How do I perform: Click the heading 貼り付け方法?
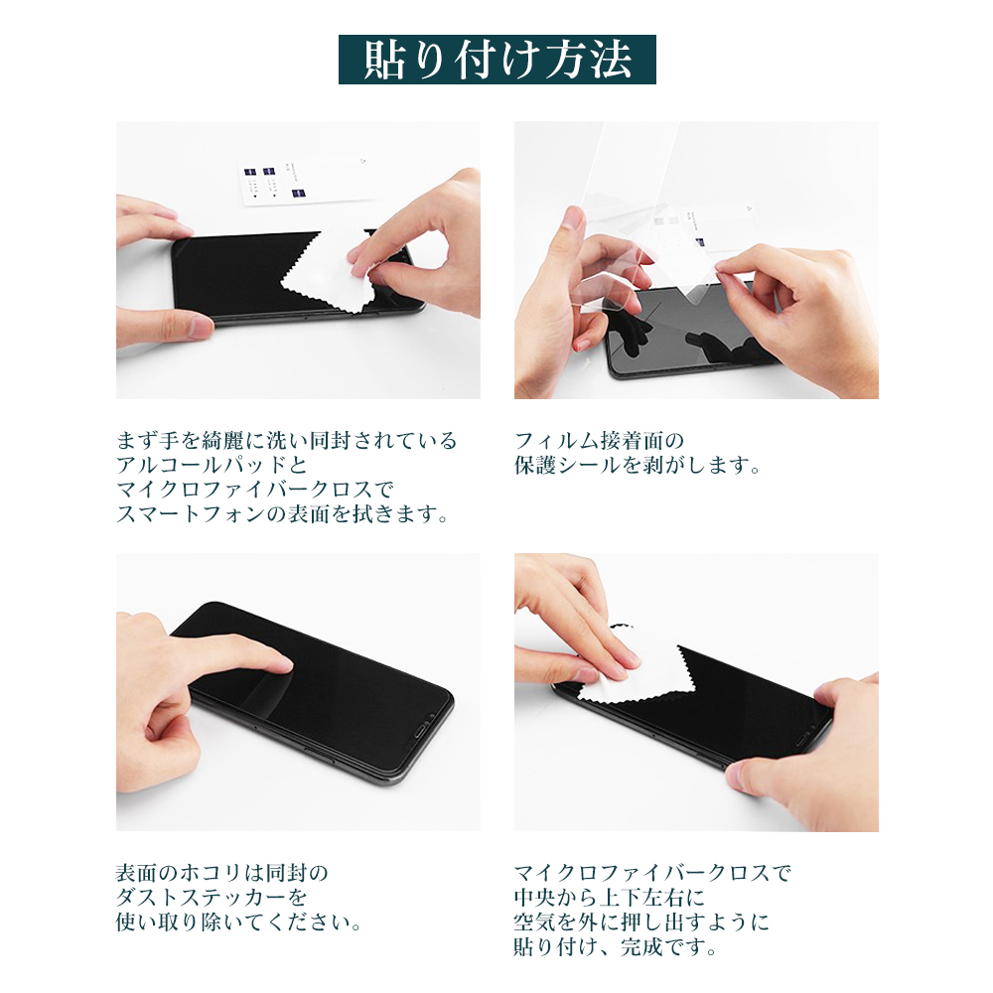[497, 60]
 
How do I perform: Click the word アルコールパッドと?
[212, 465]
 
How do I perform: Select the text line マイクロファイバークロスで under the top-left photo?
[255, 490]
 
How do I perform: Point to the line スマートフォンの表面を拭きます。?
[282, 514]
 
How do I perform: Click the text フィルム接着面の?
[599, 440]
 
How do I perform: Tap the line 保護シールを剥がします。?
[638, 465]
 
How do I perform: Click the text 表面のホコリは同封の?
[222, 873]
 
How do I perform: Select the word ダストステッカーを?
[212, 898]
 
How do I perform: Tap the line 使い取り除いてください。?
[239, 922]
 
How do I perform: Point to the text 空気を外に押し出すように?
[641, 922]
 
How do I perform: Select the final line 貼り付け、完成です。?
[616, 946]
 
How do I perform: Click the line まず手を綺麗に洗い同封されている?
[286, 440]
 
